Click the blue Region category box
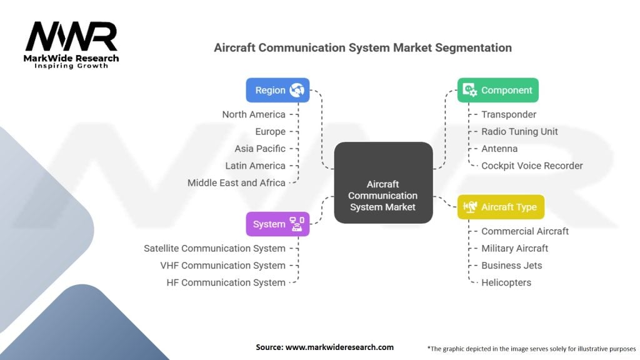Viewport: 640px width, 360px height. click(x=277, y=90)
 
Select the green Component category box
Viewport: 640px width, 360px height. click(x=497, y=90)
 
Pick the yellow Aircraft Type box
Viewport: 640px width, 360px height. click(x=501, y=207)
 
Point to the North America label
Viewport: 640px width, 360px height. click(x=254, y=114)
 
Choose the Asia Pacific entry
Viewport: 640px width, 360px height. click(x=260, y=149)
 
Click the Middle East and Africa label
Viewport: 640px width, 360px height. click(x=236, y=183)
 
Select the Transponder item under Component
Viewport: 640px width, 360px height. click(x=509, y=114)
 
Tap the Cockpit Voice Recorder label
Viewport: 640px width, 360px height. click(x=532, y=166)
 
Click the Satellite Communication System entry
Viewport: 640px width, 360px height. click(x=214, y=248)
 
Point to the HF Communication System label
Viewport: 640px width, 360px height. click(x=226, y=282)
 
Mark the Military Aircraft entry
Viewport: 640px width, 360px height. click(x=514, y=248)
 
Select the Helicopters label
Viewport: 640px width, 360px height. click(x=506, y=282)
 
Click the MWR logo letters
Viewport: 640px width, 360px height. click(x=71, y=37)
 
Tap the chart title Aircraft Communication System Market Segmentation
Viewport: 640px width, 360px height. click(x=362, y=47)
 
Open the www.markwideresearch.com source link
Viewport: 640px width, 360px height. click(x=339, y=347)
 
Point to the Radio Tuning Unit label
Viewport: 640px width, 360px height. click(x=519, y=132)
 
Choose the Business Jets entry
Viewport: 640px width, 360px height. click(x=511, y=266)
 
